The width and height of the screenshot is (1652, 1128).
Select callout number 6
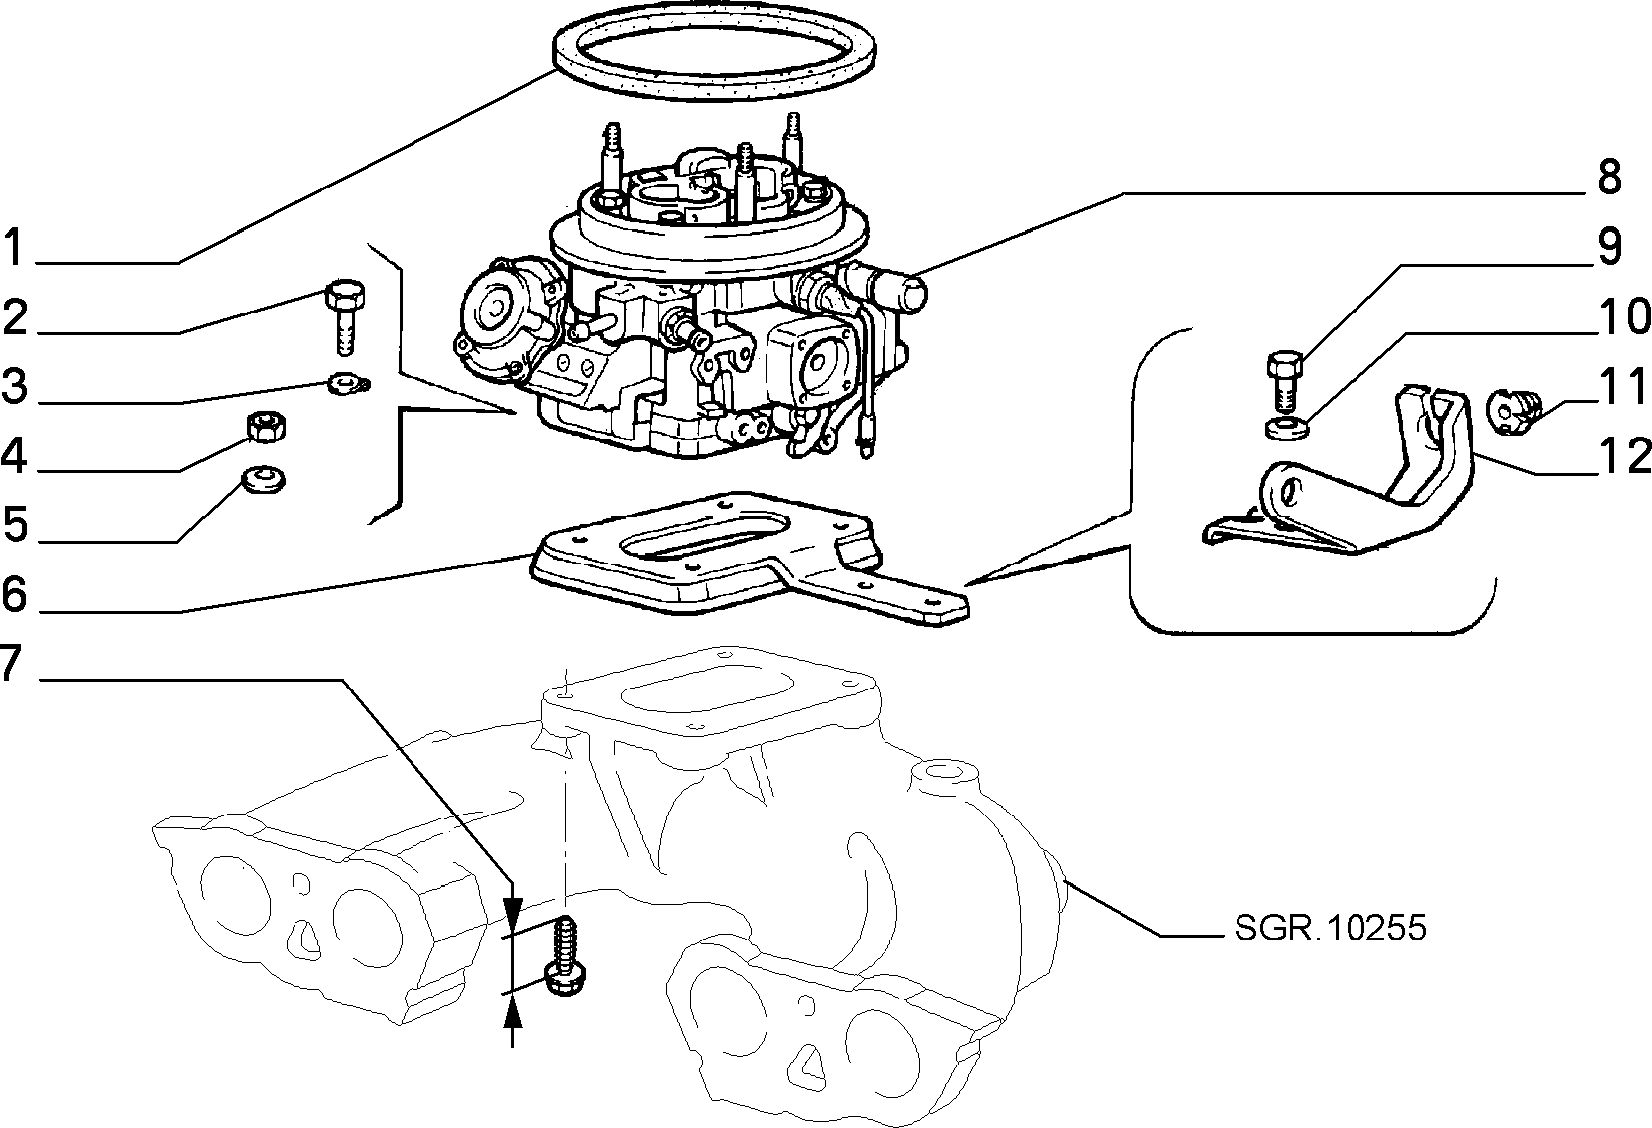[x=14, y=594]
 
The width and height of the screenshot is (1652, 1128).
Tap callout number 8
[x=1610, y=177]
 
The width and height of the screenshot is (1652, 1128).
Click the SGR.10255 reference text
[x=1331, y=928]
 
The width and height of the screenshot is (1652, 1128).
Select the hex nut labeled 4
[x=265, y=428]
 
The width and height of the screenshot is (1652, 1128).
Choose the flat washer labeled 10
[x=1286, y=428]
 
